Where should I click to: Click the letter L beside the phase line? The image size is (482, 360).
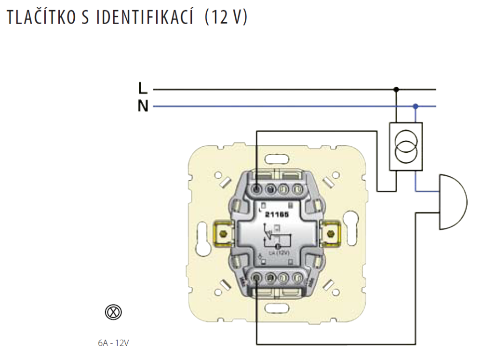(x=142, y=88)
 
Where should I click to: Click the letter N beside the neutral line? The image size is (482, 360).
(x=143, y=106)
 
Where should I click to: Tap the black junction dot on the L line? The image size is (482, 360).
(x=396, y=89)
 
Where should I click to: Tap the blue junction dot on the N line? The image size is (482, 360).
(x=415, y=106)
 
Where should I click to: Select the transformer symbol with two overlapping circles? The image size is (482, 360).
(x=406, y=147)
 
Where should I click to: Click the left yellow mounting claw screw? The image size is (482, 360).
(x=222, y=235)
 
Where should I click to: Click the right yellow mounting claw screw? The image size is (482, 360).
(x=330, y=235)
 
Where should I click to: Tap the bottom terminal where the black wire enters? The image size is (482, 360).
(x=257, y=278)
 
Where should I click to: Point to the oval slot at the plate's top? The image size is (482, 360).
(x=277, y=157)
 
